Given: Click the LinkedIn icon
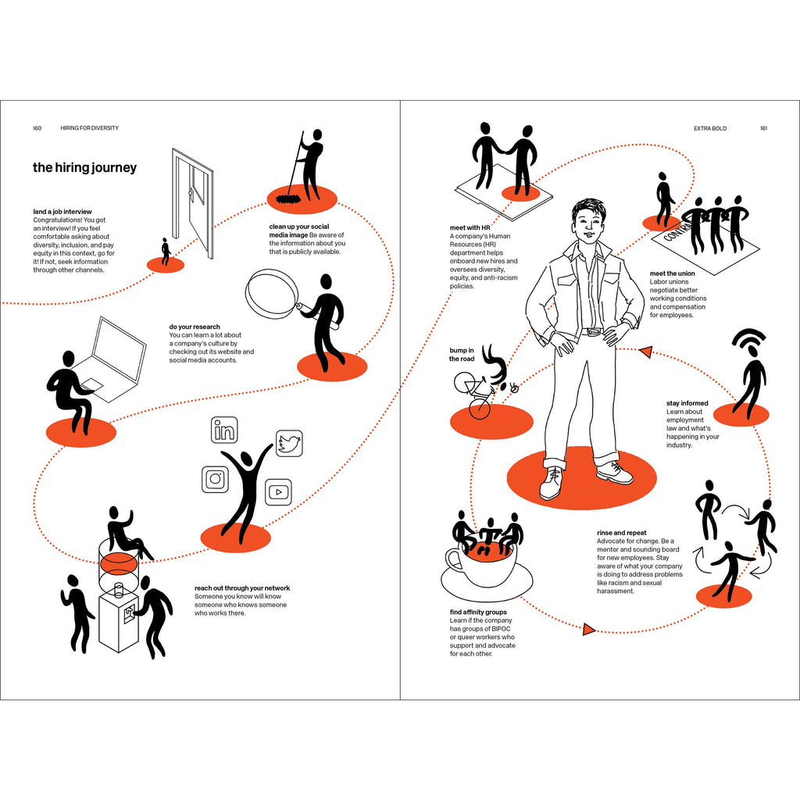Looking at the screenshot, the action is [x=224, y=430].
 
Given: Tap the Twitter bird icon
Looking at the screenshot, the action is [x=289, y=443].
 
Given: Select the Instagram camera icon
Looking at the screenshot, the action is [x=215, y=479].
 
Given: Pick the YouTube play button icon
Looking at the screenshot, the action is [x=279, y=492].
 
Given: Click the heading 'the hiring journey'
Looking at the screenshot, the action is [x=84, y=168].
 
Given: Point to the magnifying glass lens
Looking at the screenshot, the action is [x=271, y=294].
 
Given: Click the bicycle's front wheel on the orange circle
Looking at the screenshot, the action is [x=479, y=409].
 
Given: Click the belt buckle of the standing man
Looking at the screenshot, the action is [x=592, y=331].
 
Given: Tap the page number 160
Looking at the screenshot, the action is [x=37, y=128].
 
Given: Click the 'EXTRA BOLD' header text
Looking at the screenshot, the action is [x=709, y=129].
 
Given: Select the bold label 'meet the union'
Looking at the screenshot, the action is [x=672, y=273].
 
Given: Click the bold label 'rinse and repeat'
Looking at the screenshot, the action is [x=621, y=533].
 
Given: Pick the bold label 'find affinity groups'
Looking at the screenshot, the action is [x=478, y=612].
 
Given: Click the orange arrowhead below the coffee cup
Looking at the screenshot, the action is [x=589, y=629].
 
